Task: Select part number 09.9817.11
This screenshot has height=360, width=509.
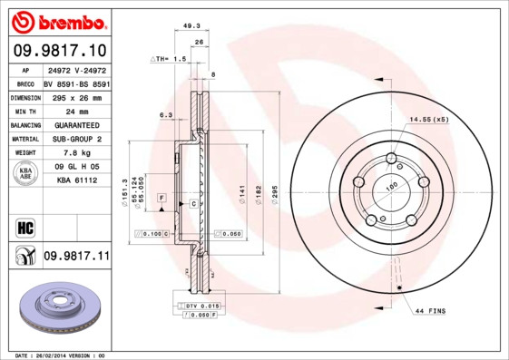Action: [x=75, y=257]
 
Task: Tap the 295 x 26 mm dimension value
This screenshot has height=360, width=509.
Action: [x=76, y=96]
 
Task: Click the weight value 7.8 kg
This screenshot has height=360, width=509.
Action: [x=76, y=153]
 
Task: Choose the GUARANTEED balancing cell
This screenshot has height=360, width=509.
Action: [x=76, y=124]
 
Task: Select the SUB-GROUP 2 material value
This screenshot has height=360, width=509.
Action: [x=76, y=139]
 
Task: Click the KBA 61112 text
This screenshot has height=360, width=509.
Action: [x=76, y=181]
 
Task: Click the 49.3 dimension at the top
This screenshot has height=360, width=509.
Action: [x=191, y=27]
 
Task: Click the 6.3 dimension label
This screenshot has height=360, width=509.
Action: [x=166, y=115]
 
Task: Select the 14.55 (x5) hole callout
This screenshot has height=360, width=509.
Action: [x=428, y=120]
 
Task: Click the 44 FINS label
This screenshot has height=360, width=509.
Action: [x=433, y=312]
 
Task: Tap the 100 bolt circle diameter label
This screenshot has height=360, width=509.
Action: [x=393, y=186]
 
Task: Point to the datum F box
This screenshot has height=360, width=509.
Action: [x=161, y=197]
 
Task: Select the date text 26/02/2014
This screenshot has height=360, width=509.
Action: [x=59, y=355]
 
